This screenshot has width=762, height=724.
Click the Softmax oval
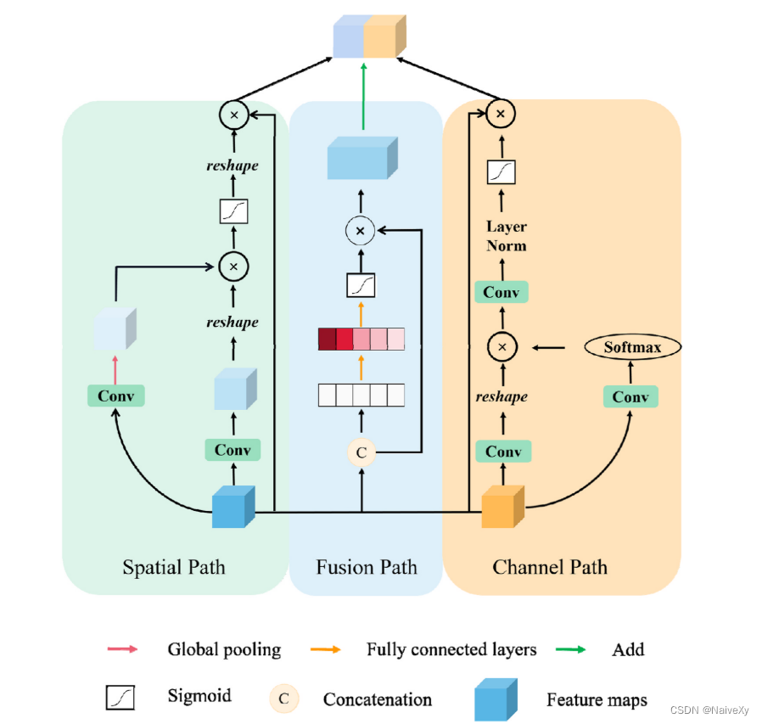point(633,347)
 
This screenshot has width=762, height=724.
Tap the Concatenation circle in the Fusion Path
point(361,452)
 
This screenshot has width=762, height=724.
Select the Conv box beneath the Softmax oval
point(630,396)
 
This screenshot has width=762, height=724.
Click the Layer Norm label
point(507,236)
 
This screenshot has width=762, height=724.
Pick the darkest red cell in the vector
point(327,340)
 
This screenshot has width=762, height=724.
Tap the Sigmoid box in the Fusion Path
point(361,284)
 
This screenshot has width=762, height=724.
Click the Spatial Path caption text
point(174,567)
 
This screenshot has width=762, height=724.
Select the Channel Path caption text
point(550,567)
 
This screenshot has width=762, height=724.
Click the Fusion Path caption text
point(367,567)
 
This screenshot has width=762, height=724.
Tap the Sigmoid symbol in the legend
point(120,698)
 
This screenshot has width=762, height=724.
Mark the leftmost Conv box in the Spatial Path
point(116,396)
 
